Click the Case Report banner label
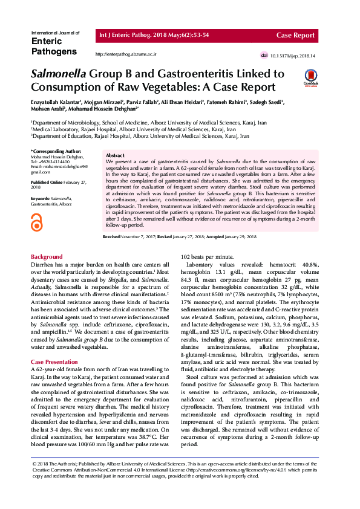[x=295, y=36]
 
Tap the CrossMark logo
[x=310, y=77]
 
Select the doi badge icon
[x=264, y=56]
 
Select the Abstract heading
[x=115, y=156]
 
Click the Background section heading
[x=47, y=257]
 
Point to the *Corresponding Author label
[x=56, y=151]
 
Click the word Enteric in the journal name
[x=45, y=41]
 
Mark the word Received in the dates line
[x=111, y=238]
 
